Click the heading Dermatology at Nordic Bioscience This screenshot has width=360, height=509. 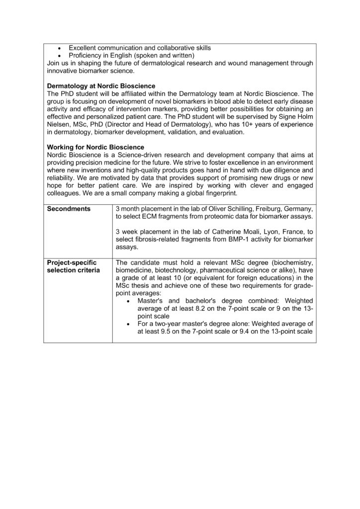coord(101,85)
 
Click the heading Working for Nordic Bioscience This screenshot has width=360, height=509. coord(95,147)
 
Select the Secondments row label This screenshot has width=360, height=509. coord(69,209)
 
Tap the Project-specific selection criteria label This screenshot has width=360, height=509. coord(72,266)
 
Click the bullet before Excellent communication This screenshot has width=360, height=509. coord(60,48)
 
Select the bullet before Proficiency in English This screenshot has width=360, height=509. coord(60,56)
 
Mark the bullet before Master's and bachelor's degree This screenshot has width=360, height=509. coord(129,301)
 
